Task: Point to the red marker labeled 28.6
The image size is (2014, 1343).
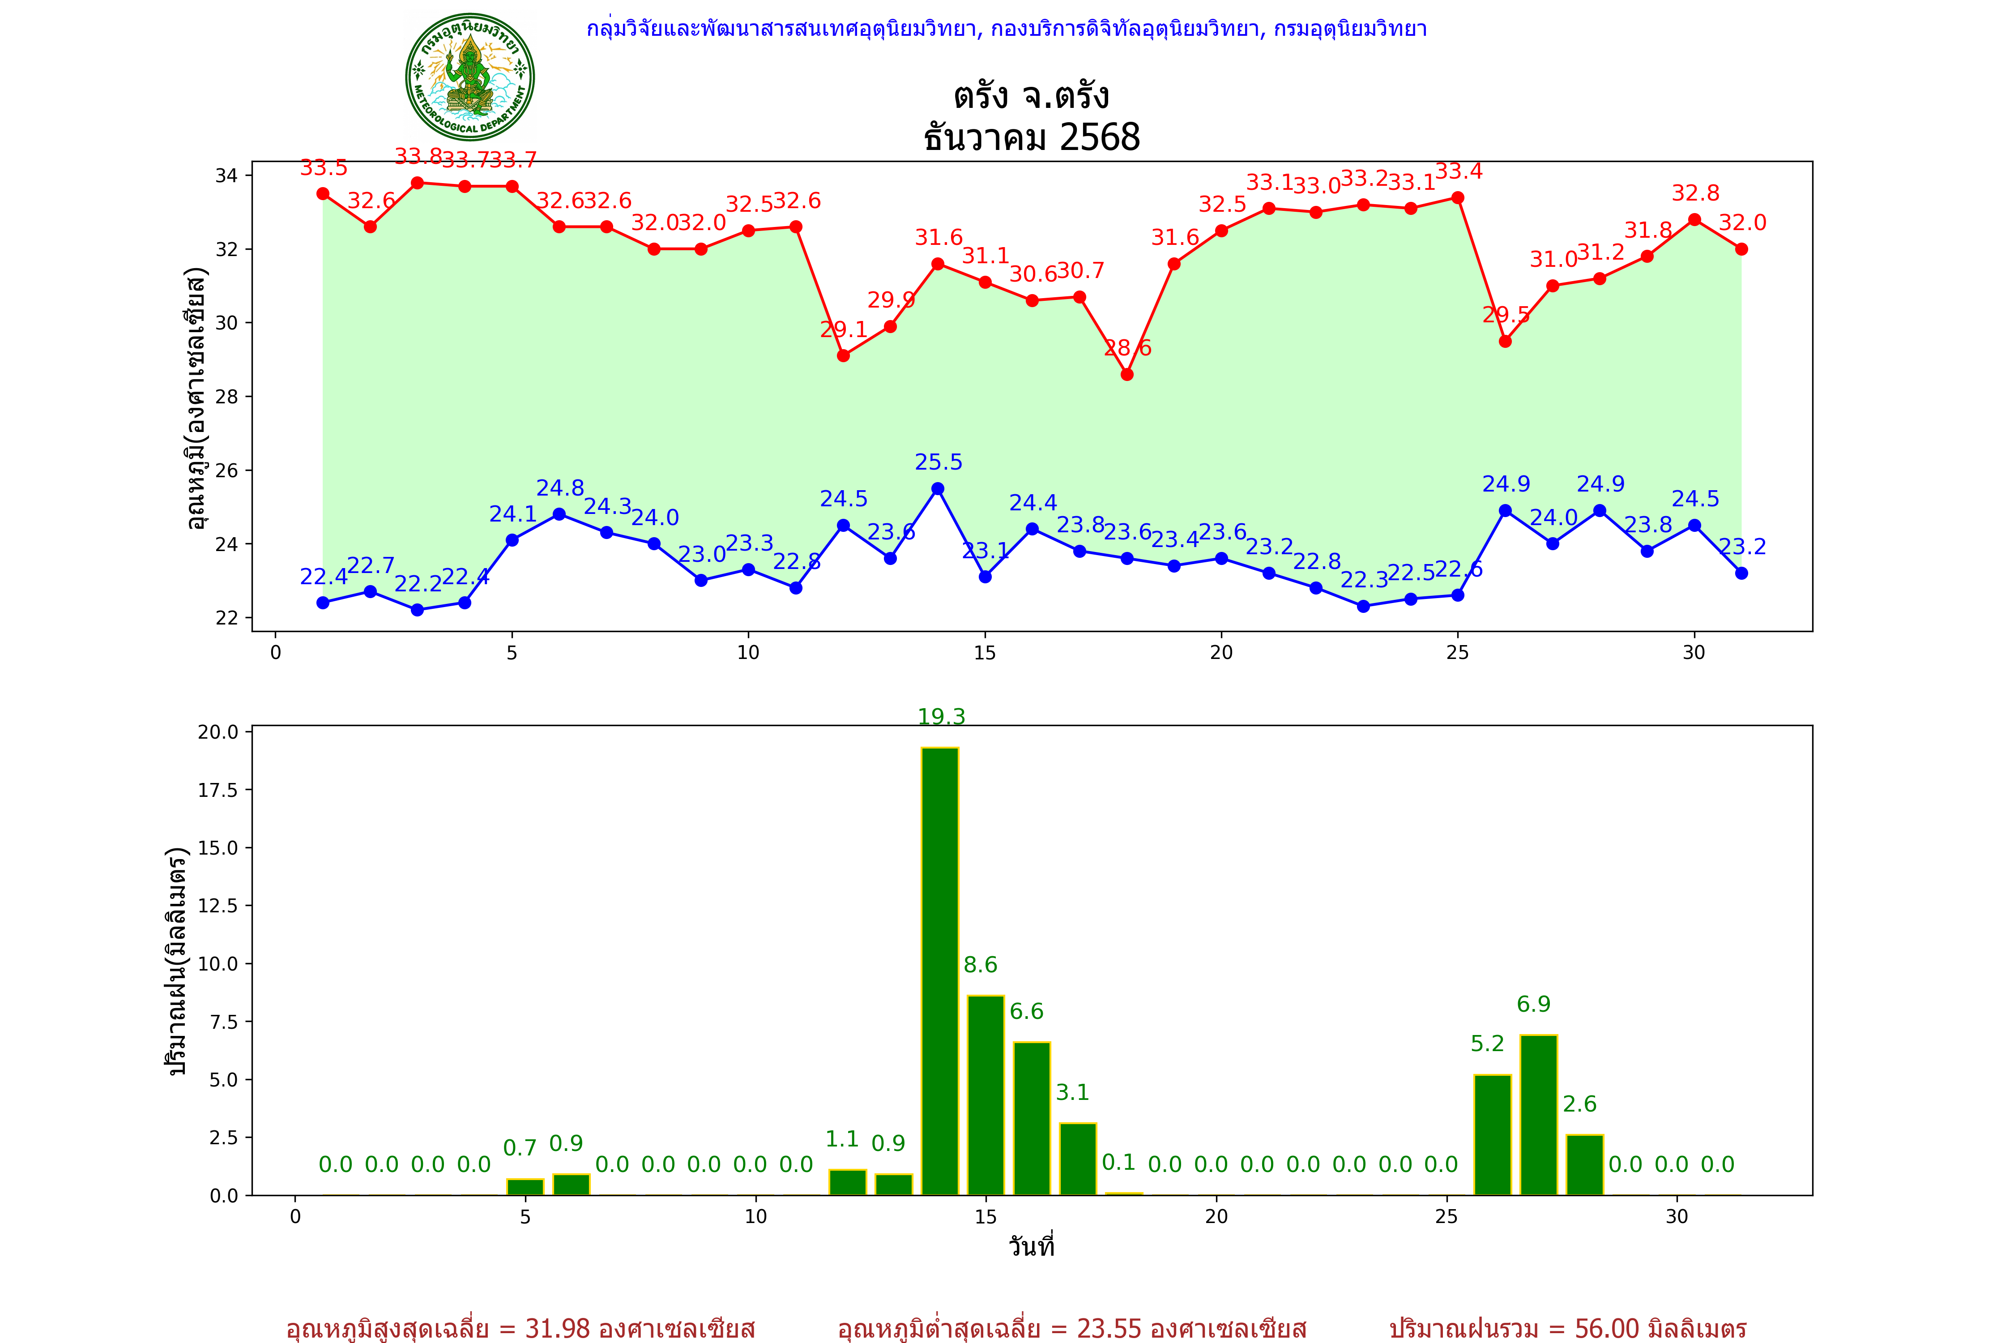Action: pyautogui.click(x=1127, y=374)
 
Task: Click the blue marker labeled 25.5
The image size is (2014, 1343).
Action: pyautogui.click(x=938, y=489)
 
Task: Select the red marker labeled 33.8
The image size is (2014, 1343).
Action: pyautogui.click(x=417, y=183)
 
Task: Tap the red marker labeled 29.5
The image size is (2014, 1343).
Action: pyautogui.click(x=1506, y=341)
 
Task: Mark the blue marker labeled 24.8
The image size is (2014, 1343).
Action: pyautogui.click(x=559, y=514)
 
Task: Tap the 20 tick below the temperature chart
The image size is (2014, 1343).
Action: pyautogui.click(x=1221, y=653)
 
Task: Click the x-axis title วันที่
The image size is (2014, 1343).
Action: pyautogui.click(x=1031, y=1246)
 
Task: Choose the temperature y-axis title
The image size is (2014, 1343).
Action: pyautogui.click(x=196, y=398)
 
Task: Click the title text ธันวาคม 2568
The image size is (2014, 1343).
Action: pyautogui.click(x=1032, y=137)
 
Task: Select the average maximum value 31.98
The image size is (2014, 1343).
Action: pyautogui.click(x=558, y=1328)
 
